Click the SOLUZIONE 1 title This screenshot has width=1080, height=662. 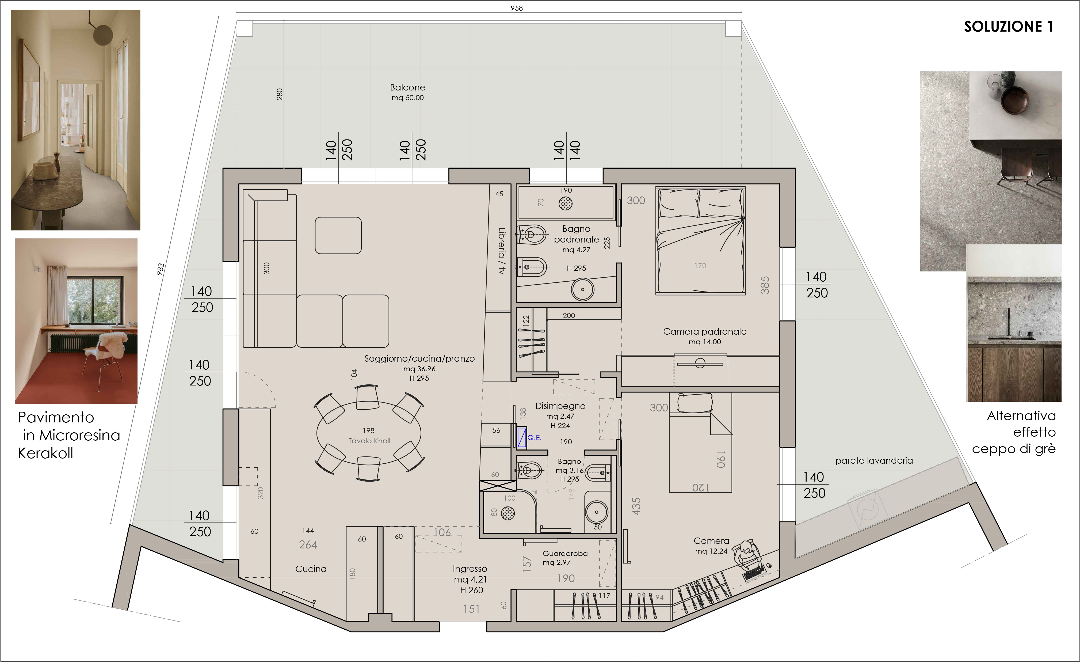coord(1008,27)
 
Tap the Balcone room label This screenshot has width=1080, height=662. coord(408,87)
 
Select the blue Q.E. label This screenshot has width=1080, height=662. coord(534,437)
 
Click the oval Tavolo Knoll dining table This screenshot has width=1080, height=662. coord(369,433)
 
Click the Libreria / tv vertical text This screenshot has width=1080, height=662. coord(501,251)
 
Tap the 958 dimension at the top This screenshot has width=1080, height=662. coord(517,8)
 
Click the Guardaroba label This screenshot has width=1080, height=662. coord(565,554)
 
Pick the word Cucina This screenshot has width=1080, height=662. coord(311,569)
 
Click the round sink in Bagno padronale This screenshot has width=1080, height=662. coord(582,290)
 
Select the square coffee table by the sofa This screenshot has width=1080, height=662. coord(338,236)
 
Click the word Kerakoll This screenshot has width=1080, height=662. coord(45,453)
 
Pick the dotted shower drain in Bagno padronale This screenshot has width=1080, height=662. coord(566,203)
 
